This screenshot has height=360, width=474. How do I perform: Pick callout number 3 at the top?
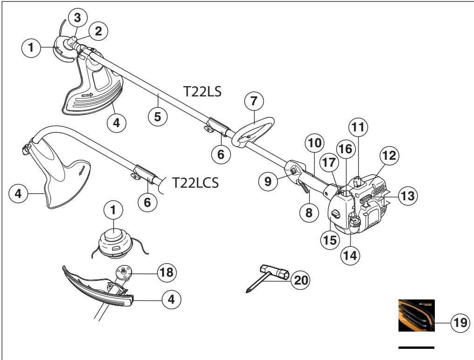point(76,18)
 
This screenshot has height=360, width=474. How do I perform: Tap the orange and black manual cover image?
point(416,315)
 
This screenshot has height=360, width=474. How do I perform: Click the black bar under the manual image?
point(417,347)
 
